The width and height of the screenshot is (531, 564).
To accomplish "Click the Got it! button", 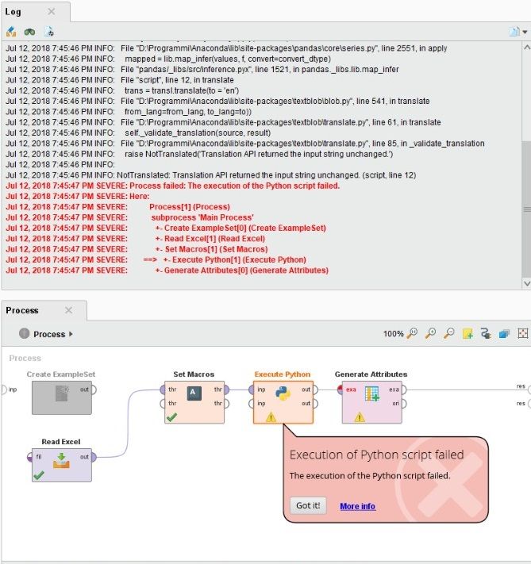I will [x=308, y=506].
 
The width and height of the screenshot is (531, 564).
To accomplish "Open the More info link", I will [x=357, y=506].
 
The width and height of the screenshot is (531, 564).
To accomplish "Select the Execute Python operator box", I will [x=283, y=397].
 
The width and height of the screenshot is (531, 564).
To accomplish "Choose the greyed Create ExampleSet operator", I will [x=61, y=394].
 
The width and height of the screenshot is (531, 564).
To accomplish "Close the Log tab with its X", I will [x=52, y=11].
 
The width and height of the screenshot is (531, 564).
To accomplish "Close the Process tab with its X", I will [x=68, y=310].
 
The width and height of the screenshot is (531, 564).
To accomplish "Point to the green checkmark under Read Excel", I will [x=38, y=475].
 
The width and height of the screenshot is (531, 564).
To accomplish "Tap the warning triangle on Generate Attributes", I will [x=360, y=416].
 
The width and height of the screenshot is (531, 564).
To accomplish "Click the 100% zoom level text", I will [x=394, y=334].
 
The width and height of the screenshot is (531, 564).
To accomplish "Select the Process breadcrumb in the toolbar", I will [x=49, y=334].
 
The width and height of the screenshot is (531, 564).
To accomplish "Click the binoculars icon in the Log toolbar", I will [x=29, y=32].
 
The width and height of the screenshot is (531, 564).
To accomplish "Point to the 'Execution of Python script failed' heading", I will [x=376, y=455].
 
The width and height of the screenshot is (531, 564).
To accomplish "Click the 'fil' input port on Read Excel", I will [x=30, y=457].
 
